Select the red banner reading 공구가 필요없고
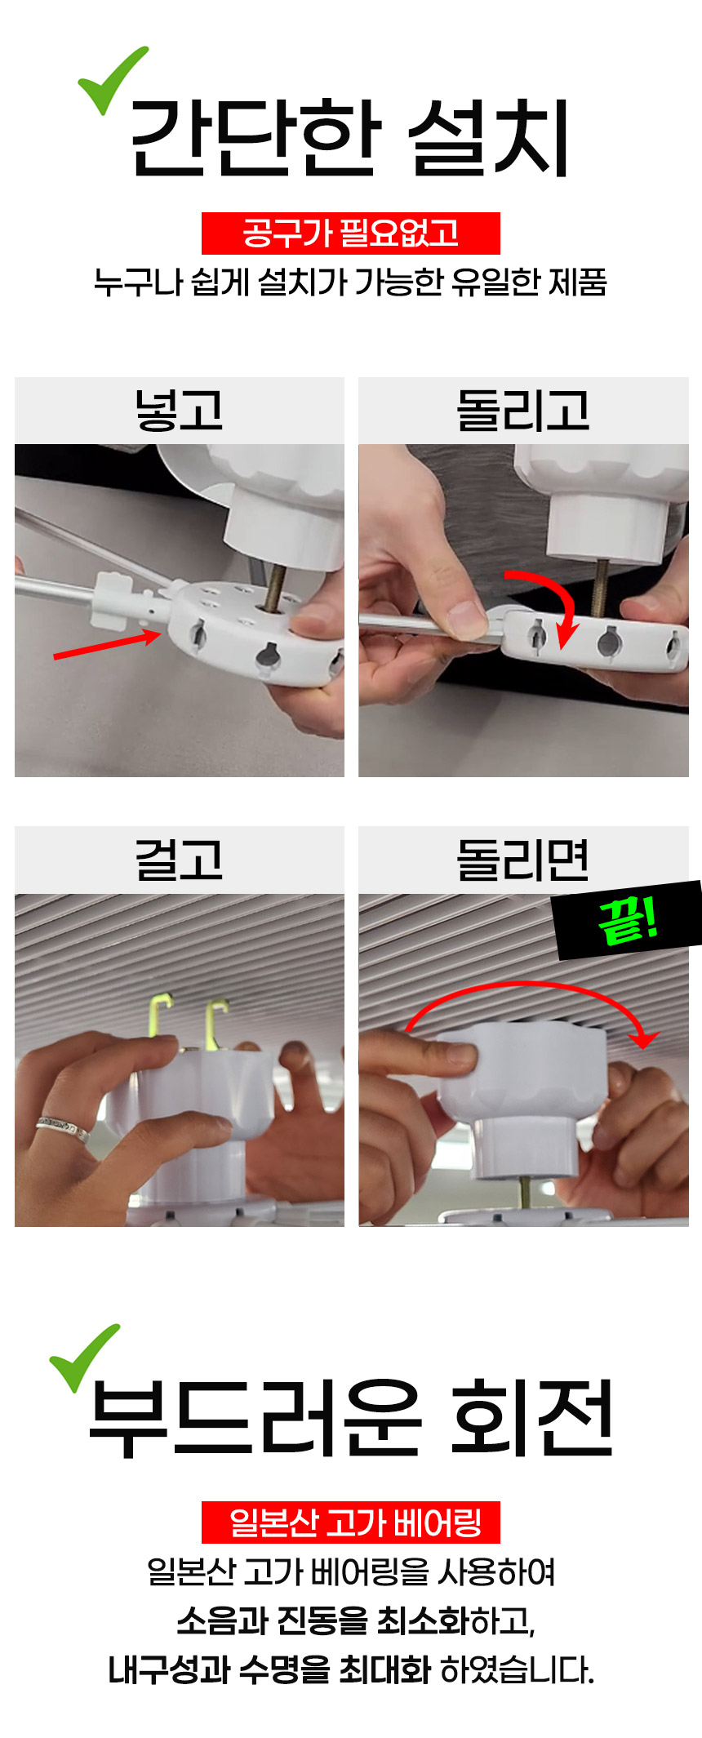pos(351,233)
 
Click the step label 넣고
pos(179,410)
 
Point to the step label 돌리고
pos(523,410)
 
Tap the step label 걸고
pos(179,860)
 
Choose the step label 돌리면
pos(523,860)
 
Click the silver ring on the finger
pos(63,1129)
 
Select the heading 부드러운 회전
pos(351,1418)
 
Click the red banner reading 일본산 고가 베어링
pos(351,1522)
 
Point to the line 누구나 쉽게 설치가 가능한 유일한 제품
pos(350,282)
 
